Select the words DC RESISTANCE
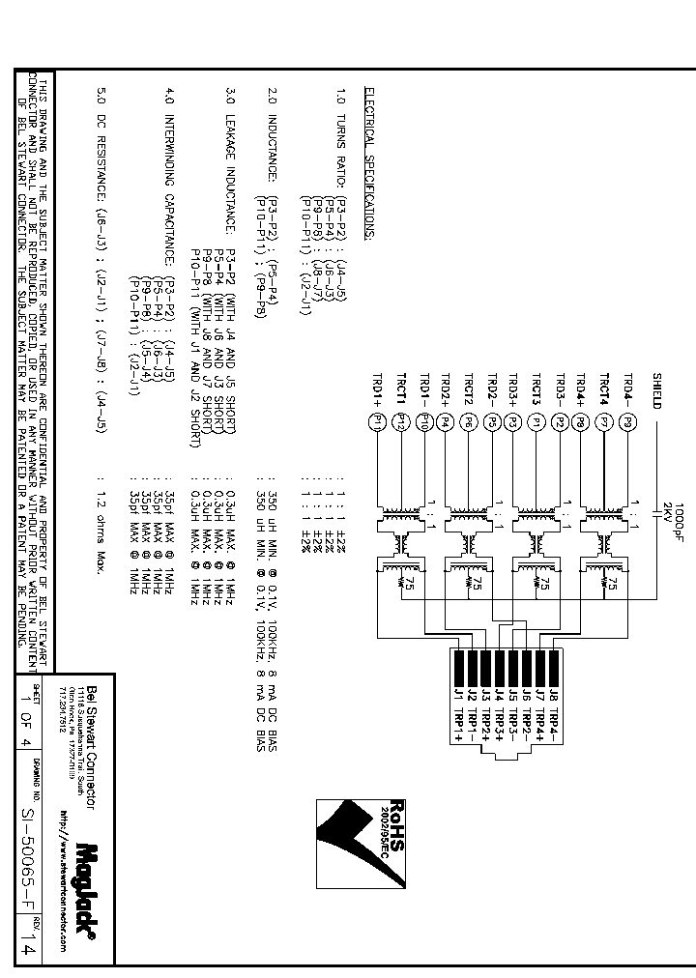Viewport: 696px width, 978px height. [101, 158]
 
